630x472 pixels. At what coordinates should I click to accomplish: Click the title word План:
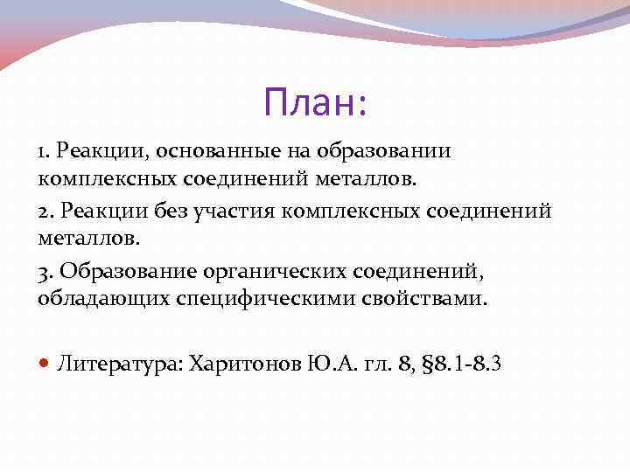(x=316, y=104)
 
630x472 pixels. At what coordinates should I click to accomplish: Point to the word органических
(x=255, y=270)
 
